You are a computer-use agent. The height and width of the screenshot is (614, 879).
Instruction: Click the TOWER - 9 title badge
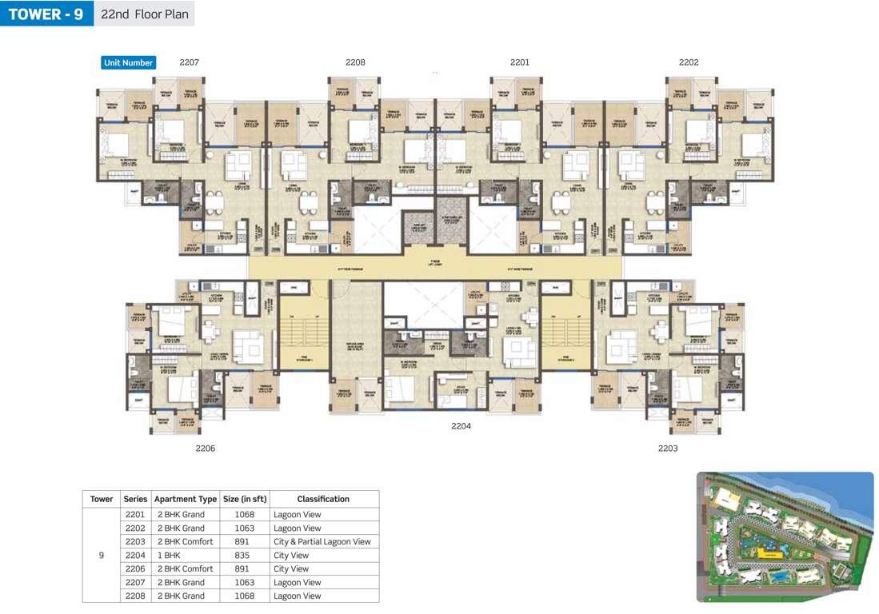tap(46, 14)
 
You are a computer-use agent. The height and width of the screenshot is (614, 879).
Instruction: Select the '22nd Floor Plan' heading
tap(144, 14)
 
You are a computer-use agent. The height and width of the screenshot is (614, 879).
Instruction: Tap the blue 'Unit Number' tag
tap(128, 62)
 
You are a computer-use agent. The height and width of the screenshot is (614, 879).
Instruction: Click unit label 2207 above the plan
tap(189, 62)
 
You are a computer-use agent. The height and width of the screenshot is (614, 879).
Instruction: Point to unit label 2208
tap(355, 62)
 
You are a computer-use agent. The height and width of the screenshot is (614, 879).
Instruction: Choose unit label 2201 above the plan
tap(520, 62)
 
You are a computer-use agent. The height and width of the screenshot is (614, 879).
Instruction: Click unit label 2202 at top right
tap(689, 62)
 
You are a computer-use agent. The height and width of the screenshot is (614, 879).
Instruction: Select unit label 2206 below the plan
tap(206, 449)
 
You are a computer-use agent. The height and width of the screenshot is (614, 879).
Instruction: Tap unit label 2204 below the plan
tap(461, 426)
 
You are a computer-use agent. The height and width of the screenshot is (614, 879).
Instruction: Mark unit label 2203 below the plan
tap(668, 449)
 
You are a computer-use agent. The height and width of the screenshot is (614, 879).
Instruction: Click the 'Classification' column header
tap(323, 499)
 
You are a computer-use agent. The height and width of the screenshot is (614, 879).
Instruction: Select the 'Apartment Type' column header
tap(186, 499)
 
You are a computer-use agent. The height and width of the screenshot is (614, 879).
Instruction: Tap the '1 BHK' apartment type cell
tap(170, 556)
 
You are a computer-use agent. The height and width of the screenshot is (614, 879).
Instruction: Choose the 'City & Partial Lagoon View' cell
tap(322, 542)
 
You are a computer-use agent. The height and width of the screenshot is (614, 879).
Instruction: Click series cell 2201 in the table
tap(135, 515)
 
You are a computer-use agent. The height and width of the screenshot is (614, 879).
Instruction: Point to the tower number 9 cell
tap(101, 556)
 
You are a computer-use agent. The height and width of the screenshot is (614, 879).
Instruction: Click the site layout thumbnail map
tap(785, 536)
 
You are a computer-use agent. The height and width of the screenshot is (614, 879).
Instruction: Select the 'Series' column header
tap(135, 499)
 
